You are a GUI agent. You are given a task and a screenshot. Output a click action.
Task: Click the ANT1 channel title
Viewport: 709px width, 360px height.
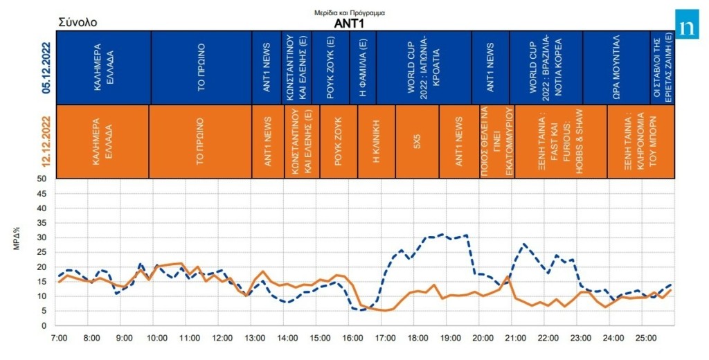pyautogui.click(x=350, y=22)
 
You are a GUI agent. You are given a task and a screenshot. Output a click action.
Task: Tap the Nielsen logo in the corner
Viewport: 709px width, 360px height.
pyautogui.click(x=688, y=27)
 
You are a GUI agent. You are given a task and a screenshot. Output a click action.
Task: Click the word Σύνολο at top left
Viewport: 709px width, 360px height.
pyautogui.click(x=77, y=22)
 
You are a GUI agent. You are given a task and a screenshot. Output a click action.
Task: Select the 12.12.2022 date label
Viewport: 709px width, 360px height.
pyautogui.click(x=47, y=141)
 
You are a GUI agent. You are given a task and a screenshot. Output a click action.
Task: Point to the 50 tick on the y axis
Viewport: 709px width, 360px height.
pyautogui.click(x=41, y=179)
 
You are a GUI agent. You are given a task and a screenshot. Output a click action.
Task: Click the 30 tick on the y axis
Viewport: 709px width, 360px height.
pyautogui.click(x=41, y=237)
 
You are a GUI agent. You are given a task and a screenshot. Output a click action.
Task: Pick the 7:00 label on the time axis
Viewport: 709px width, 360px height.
pyautogui.click(x=60, y=339)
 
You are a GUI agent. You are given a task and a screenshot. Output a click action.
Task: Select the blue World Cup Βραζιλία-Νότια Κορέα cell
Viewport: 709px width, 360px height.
pyautogui.click(x=545, y=67)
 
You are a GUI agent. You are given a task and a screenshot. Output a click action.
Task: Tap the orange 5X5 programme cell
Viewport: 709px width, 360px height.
pyautogui.click(x=417, y=141)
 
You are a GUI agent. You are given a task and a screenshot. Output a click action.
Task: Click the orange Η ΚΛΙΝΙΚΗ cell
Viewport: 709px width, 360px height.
pyautogui.click(x=376, y=141)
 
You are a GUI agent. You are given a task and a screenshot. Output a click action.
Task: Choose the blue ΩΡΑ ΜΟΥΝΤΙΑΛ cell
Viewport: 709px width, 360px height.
pyautogui.click(x=616, y=67)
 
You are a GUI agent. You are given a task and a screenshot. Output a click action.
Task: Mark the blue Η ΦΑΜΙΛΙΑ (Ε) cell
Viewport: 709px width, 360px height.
pyautogui.click(x=363, y=67)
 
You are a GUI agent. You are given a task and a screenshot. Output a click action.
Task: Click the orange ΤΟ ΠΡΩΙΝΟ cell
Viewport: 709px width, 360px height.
pyautogui.click(x=199, y=141)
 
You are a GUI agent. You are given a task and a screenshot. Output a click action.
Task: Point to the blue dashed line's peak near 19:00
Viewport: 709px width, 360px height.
pyautogui.click(x=442, y=234)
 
